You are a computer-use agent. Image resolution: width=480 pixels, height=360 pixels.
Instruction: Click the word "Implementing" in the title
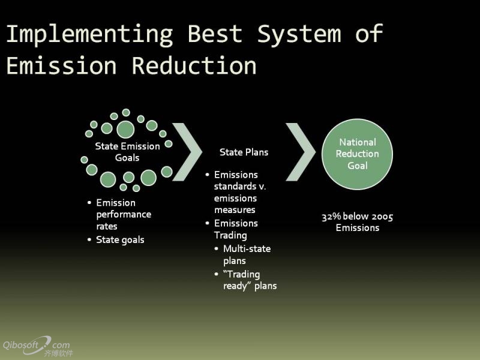pyautogui.click(x=89, y=35)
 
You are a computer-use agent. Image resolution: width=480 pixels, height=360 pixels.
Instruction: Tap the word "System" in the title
pyautogui.click(x=299, y=35)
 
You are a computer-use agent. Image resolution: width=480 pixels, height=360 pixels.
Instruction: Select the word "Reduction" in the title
pyautogui.click(x=194, y=65)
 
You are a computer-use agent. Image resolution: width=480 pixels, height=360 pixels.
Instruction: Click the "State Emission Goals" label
pyautogui.click(x=127, y=152)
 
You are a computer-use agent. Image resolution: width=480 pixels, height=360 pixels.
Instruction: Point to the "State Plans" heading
pyautogui.click(x=244, y=152)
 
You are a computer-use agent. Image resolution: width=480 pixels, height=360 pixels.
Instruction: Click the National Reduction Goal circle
pyautogui.click(x=357, y=154)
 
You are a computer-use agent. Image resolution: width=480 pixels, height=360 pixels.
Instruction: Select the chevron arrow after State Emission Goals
pyautogui.click(x=187, y=152)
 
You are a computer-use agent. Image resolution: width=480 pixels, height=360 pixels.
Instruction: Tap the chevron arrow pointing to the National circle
pyautogui.click(x=301, y=152)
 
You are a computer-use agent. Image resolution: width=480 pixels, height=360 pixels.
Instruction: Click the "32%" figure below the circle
pyautogui.click(x=331, y=217)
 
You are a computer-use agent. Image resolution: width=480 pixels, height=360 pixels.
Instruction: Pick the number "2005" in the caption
pyautogui.click(x=382, y=217)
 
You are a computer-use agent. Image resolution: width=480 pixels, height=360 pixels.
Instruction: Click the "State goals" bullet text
pyautogui.click(x=120, y=240)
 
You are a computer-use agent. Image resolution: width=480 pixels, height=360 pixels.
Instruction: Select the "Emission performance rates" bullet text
pyautogui.click(x=124, y=214)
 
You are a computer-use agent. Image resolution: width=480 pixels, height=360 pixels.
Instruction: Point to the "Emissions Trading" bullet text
pyautogui.click(x=236, y=229)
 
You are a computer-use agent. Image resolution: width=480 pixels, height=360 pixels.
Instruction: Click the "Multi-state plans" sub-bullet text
pyautogui.click(x=247, y=254)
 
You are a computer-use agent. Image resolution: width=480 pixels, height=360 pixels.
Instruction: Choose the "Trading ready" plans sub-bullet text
pyautogui.click(x=250, y=280)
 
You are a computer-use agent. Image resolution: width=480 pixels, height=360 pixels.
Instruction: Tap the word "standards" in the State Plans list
pyautogui.click(x=235, y=186)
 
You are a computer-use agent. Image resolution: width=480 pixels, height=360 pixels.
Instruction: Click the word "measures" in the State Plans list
pyautogui.click(x=235, y=210)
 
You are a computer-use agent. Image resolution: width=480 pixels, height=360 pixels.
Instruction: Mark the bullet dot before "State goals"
pyautogui.click(x=89, y=239)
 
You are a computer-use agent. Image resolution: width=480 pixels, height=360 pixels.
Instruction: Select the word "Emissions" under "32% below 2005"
pyautogui.click(x=358, y=228)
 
